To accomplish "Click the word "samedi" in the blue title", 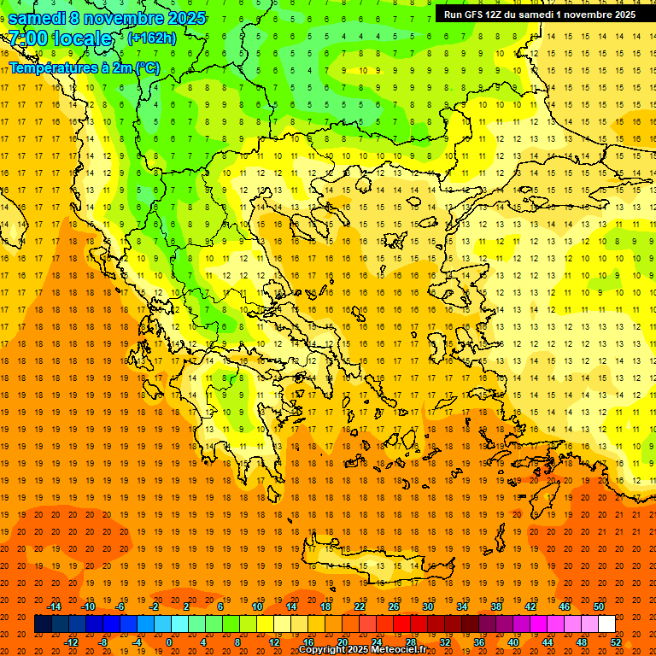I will [38, 18].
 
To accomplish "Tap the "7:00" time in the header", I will [27, 38].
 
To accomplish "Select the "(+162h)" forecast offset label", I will [152, 38].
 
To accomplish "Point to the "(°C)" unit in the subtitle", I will [146, 67].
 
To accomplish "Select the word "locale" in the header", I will [82, 38].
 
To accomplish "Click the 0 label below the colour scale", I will [169, 642].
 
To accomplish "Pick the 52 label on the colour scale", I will [617, 642].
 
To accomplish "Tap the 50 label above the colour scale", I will [599, 606].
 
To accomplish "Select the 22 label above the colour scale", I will [360, 606].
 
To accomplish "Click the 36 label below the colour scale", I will [479, 642].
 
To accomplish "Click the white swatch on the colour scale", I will [606, 624].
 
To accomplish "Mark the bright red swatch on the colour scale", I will [401, 624].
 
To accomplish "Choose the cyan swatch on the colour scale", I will [179, 624].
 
